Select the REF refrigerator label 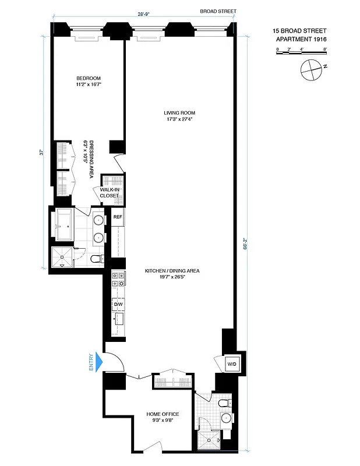tap(118, 217)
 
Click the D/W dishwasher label tap(118, 304)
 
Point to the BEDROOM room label tap(89, 81)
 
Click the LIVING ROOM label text tap(179, 116)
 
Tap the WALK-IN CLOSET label tap(110, 193)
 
